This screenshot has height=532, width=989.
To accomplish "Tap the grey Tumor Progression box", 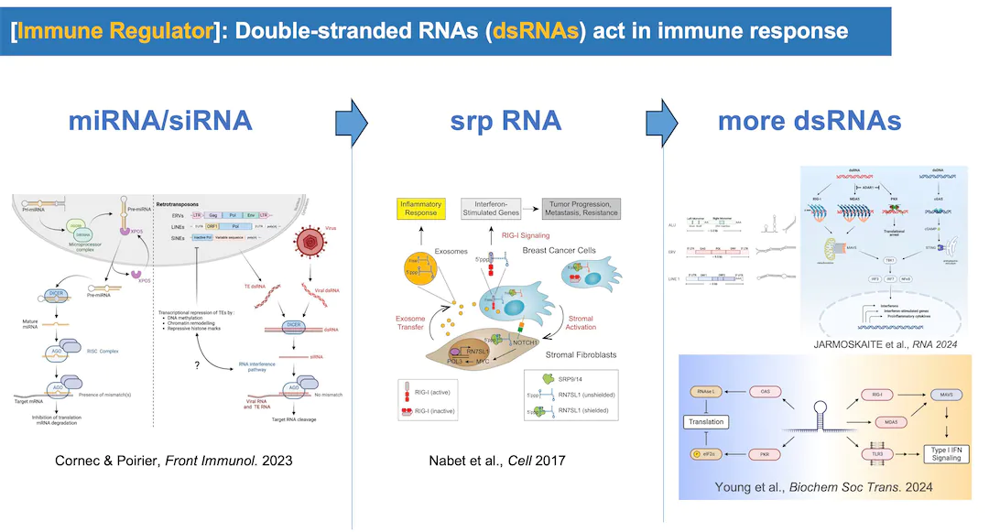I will [x=581, y=208].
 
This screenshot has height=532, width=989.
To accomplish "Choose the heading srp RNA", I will [x=505, y=122].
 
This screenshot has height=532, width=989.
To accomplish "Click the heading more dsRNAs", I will [x=810, y=122].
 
